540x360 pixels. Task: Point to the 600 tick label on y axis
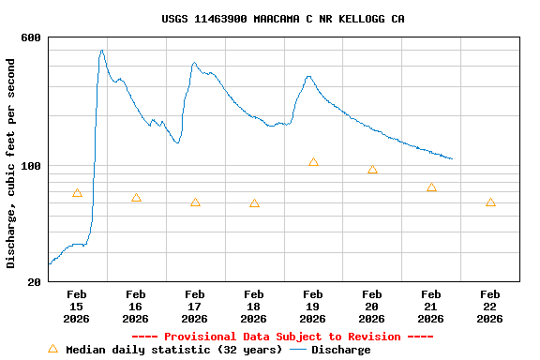pyautogui.click(x=31, y=37)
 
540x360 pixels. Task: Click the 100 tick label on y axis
pyautogui.click(x=31, y=166)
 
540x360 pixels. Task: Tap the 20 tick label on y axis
pyautogui.click(x=35, y=281)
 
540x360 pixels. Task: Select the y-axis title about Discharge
pyautogui.click(x=11, y=163)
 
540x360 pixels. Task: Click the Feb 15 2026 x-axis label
pyautogui.click(x=76, y=307)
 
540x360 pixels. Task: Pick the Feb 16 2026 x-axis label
pyautogui.click(x=135, y=307)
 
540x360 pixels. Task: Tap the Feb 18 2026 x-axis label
pyautogui.click(x=253, y=307)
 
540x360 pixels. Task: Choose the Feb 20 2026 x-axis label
pyautogui.click(x=371, y=307)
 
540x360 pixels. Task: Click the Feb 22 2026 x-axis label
pyautogui.click(x=489, y=307)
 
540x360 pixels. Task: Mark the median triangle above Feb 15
pyautogui.click(x=77, y=193)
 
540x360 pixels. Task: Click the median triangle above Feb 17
pyautogui.click(x=195, y=202)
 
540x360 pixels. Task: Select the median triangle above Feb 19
pyautogui.click(x=313, y=162)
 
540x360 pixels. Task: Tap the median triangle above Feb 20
pyautogui.click(x=372, y=170)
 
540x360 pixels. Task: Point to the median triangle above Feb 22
pyautogui.click(x=490, y=202)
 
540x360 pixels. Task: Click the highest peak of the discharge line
pyautogui.click(x=101, y=51)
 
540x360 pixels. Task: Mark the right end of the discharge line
pyautogui.click(x=452, y=158)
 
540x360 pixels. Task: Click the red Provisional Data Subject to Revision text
pyautogui.click(x=282, y=337)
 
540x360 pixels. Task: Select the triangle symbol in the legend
pyautogui.click(x=52, y=349)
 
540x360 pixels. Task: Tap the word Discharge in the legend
pyautogui.click(x=340, y=350)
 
